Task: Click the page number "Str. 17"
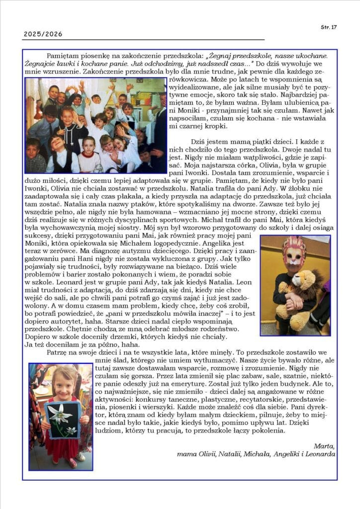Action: click(x=328, y=27)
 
